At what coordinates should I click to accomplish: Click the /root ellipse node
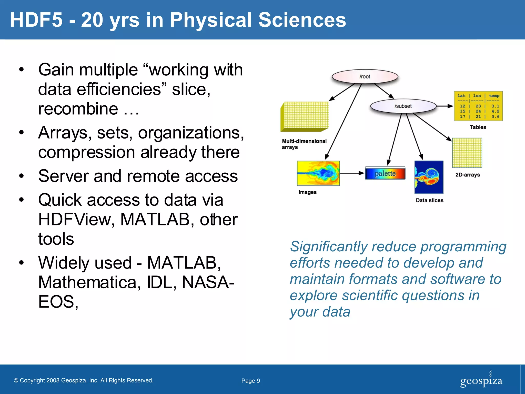pos(365,76)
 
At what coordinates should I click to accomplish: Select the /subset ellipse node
pos(403,106)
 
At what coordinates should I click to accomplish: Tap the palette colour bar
pos(385,173)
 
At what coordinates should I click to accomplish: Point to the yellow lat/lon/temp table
pos(478,106)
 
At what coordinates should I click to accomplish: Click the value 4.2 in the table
pos(495,111)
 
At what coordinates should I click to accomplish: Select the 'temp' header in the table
pos(494,96)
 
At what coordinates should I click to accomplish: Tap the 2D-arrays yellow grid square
pos(467,153)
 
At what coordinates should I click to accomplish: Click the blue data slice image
pos(429,177)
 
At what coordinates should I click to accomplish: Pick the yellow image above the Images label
pos(318,173)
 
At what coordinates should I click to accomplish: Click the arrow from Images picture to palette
pos(352,173)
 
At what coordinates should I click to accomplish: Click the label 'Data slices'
pos(429,200)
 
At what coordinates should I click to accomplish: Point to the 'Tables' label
pos(478,127)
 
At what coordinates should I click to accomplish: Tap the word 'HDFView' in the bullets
pos(76,220)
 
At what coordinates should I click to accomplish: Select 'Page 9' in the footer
pos(250,381)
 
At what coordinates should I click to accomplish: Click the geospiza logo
pos(481,380)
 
